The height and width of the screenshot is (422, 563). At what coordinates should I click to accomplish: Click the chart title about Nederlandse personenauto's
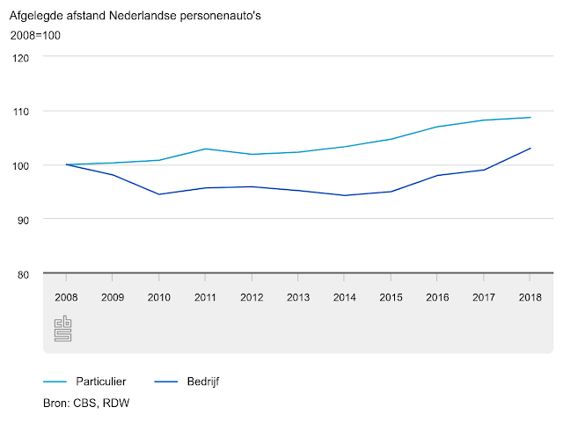click(x=135, y=16)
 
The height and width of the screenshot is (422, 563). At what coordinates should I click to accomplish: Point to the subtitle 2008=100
click(x=35, y=35)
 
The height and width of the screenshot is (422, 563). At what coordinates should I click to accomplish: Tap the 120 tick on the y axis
click(x=20, y=58)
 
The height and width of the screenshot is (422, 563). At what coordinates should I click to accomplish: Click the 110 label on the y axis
click(x=21, y=112)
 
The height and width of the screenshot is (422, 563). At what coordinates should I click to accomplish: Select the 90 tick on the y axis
click(x=23, y=221)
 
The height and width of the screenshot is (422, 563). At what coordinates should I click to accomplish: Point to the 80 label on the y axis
click(x=23, y=275)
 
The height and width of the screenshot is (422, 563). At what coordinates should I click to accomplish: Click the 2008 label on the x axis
click(x=66, y=297)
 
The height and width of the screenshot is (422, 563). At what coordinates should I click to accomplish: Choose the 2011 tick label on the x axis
click(x=205, y=297)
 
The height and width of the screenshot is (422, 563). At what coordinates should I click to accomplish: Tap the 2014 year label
click(x=344, y=297)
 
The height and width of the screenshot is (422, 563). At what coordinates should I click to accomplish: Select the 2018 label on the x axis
click(x=530, y=297)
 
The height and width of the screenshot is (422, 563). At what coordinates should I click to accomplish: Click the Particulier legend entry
click(x=84, y=381)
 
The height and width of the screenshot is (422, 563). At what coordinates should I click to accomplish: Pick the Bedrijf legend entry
click(x=186, y=381)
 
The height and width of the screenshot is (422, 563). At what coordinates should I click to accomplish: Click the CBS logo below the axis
click(x=62, y=329)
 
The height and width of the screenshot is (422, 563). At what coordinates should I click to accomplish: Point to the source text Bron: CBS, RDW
click(x=86, y=403)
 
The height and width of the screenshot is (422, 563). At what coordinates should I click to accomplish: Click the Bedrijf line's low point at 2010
click(x=159, y=194)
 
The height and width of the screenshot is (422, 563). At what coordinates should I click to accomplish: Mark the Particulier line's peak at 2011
click(x=205, y=149)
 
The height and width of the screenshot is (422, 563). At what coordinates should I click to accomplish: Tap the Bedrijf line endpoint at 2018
click(x=530, y=149)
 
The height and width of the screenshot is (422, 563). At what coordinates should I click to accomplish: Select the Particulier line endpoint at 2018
click(x=530, y=117)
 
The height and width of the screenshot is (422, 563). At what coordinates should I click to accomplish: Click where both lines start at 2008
click(x=67, y=164)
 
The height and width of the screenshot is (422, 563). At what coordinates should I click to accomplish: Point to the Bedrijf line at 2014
click(x=344, y=195)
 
